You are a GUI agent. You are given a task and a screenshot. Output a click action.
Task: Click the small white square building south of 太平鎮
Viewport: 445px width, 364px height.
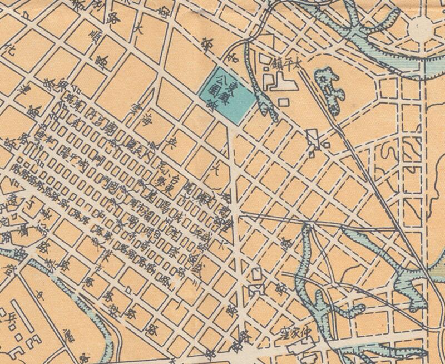283,102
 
